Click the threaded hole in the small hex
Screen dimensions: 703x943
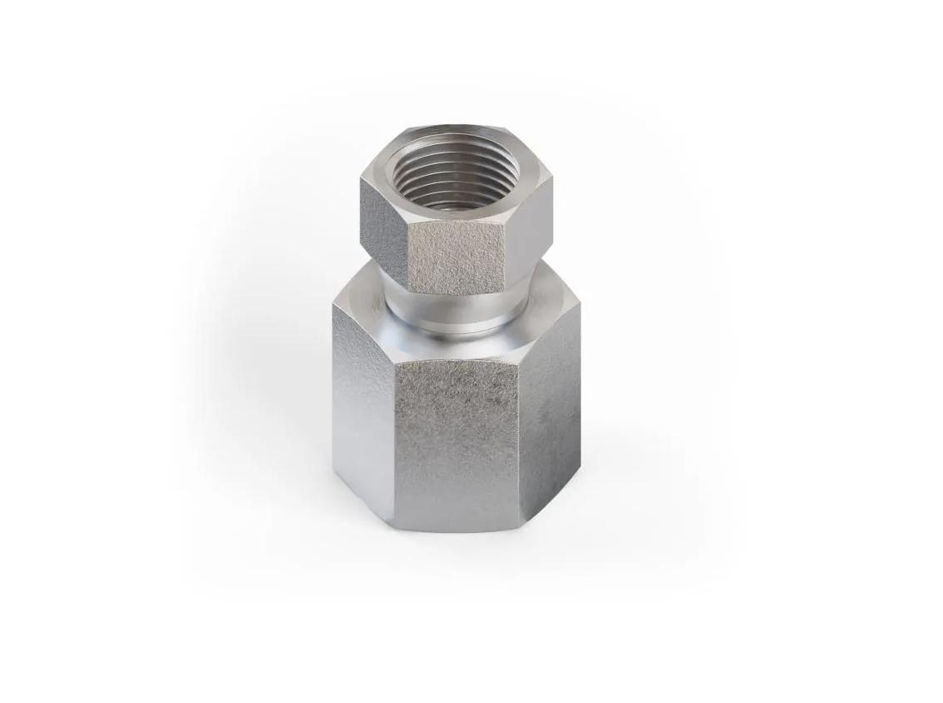[454, 177]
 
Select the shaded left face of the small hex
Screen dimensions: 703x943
[384, 222]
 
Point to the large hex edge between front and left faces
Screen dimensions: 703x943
[393, 433]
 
